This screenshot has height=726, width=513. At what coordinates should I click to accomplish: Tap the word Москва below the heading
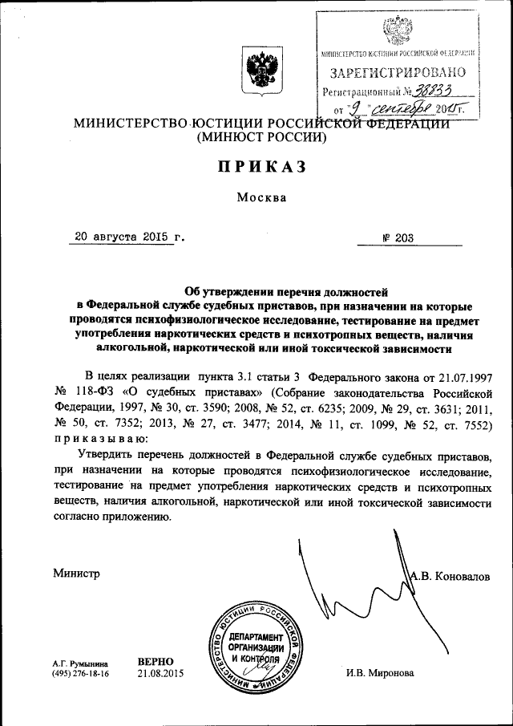261,198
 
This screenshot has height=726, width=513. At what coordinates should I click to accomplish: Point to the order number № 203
394,238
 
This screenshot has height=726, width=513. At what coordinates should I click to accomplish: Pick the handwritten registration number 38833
436,91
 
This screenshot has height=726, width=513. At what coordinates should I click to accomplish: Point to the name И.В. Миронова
380,673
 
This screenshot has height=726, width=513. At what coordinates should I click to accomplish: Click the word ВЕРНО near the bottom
156,662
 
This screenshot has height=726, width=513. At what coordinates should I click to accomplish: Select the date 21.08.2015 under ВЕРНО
160,674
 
